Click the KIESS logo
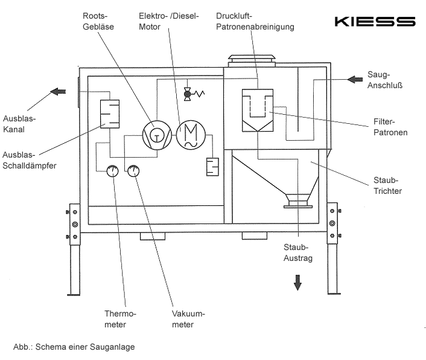point(375,22)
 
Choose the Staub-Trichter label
point(389,185)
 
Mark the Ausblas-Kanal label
point(19,124)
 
